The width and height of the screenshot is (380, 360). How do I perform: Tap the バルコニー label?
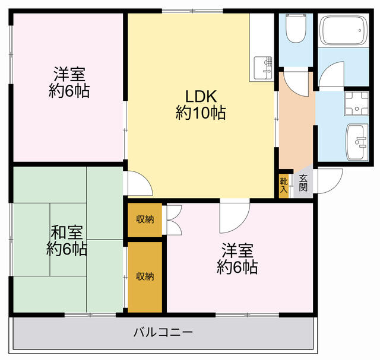[x=162, y=332]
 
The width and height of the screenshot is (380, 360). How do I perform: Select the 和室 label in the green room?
[x=67, y=232]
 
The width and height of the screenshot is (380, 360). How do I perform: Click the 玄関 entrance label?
[x=303, y=183]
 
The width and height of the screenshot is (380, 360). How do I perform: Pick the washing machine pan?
[x=357, y=104]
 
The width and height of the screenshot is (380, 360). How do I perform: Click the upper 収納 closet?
[x=145, y=219]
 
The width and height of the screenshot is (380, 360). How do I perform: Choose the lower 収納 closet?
[x=145, y=276]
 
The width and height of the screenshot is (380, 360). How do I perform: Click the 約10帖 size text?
[x=200, y=113]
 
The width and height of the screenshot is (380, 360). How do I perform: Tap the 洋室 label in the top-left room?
[x=69, y=75]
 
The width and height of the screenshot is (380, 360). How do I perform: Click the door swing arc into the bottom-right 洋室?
[x=233, y=219]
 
